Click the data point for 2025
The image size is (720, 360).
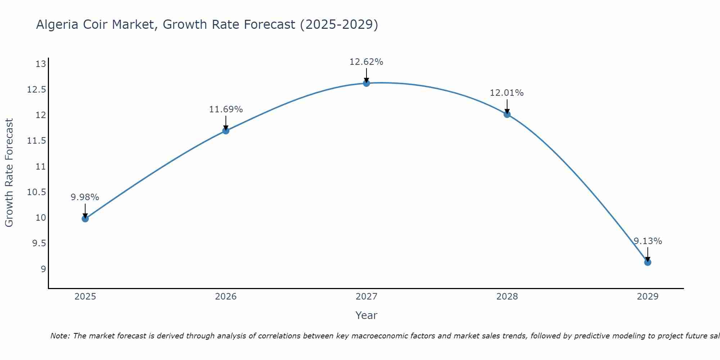pyautogui.click(x=85, y=219)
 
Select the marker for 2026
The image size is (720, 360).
pyautogui.click(x=226, y=131)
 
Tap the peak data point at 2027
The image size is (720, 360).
pyautogui.click(x=366, y=83)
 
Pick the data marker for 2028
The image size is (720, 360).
pyautogui.click(x=507, y=114)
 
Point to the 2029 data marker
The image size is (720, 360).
pyautogui.click(x=648, y=262)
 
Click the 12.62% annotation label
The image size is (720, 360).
pyautogui.click(x=366, y=62)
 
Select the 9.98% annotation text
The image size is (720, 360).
pyautogui.click(x=85, y=197)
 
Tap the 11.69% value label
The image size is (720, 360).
pyautogui.click(x=226, y=109)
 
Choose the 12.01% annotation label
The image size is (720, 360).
pyautogui.click(x=507, y=93)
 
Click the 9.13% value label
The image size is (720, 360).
pyautogui.click(x=648, y=241)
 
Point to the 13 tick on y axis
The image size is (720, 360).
pyautogui.click(x=41, y=64)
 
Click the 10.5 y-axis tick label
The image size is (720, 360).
pyautogui.click(x=37, y=192)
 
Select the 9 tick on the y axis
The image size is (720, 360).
pyautogui.click(x=43, y=269)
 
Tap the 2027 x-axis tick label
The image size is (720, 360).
pyautogui.click(x=366, y=297)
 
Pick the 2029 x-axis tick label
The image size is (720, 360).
pyautogui.click(x=648, y=297)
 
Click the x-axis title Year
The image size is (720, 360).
pyautogui.click(x=366, y=315)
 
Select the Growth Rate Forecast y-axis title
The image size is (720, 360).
pyautogui.click(x=9, y=173)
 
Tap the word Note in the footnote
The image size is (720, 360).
pyautogui.click(x=60, y=336)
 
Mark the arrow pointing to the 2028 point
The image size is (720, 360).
pyautogui.click(x=507, y=107)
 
